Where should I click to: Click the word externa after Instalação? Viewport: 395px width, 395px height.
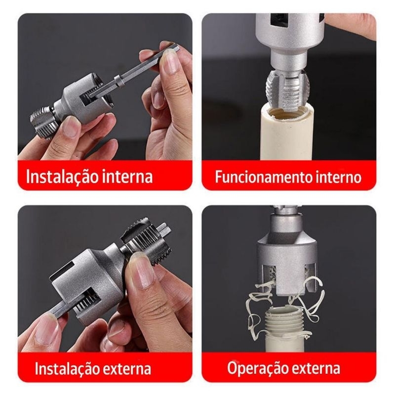coord(127,368)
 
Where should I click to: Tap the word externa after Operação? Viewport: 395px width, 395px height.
coord(315,368)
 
